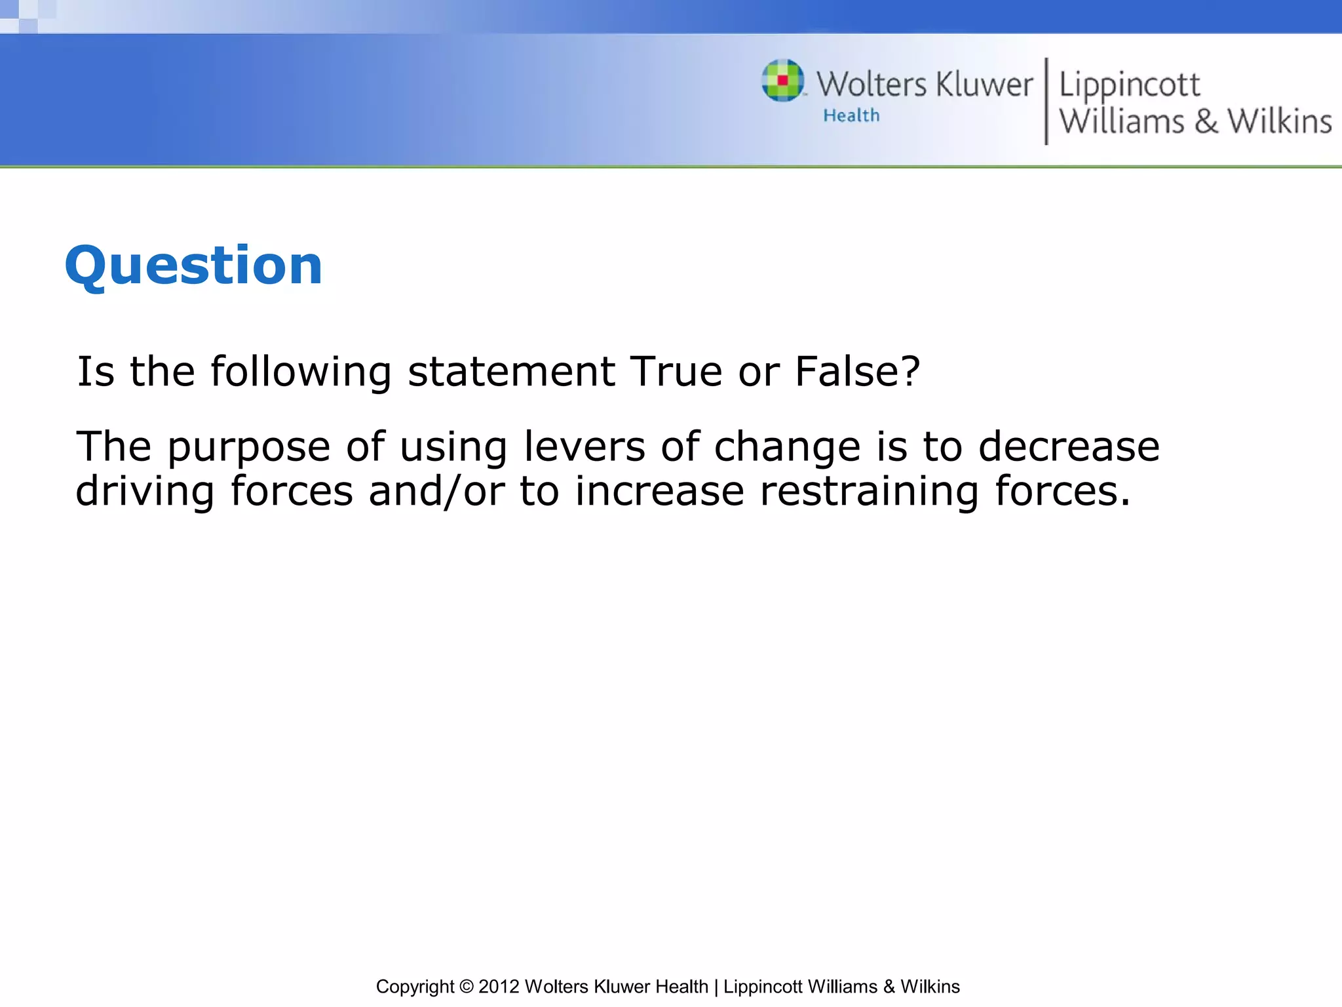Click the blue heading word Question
[x=193, y=266]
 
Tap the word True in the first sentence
[x=676, y=371]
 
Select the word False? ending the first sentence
[x=857, y=371]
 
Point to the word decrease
[x=1069, y=446]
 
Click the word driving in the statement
[x=145, y=492]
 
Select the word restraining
[x=869, y=492]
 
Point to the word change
[x=787, y=446]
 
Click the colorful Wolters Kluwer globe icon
[x=782, y=81]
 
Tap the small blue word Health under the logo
[x=851, y=115]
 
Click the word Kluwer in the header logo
[x=984, y=85]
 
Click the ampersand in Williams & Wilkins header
[x=1206, y=122]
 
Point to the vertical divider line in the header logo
[x=1046, y=101]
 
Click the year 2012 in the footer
[x=499, y=986]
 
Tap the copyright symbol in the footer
[x=466, y=986]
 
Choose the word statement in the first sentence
[x=511, y=371]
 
